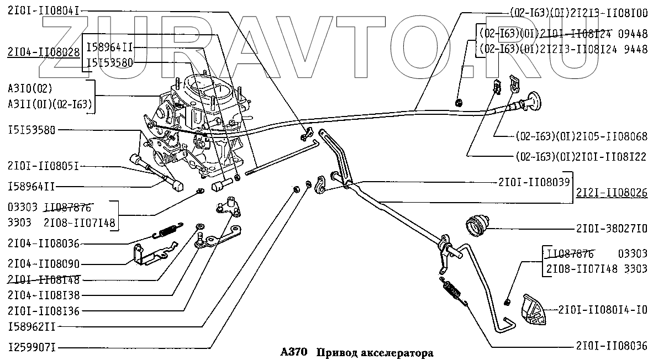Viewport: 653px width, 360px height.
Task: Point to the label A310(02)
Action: [x=30, y=88]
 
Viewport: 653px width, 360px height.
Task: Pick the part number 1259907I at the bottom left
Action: [x=31, y=348]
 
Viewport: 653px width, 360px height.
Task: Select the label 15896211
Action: [x=31, y=327]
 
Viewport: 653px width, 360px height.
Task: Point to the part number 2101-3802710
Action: [x=611, y=227]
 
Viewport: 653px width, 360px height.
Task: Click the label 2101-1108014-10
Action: [x=603, y=309]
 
